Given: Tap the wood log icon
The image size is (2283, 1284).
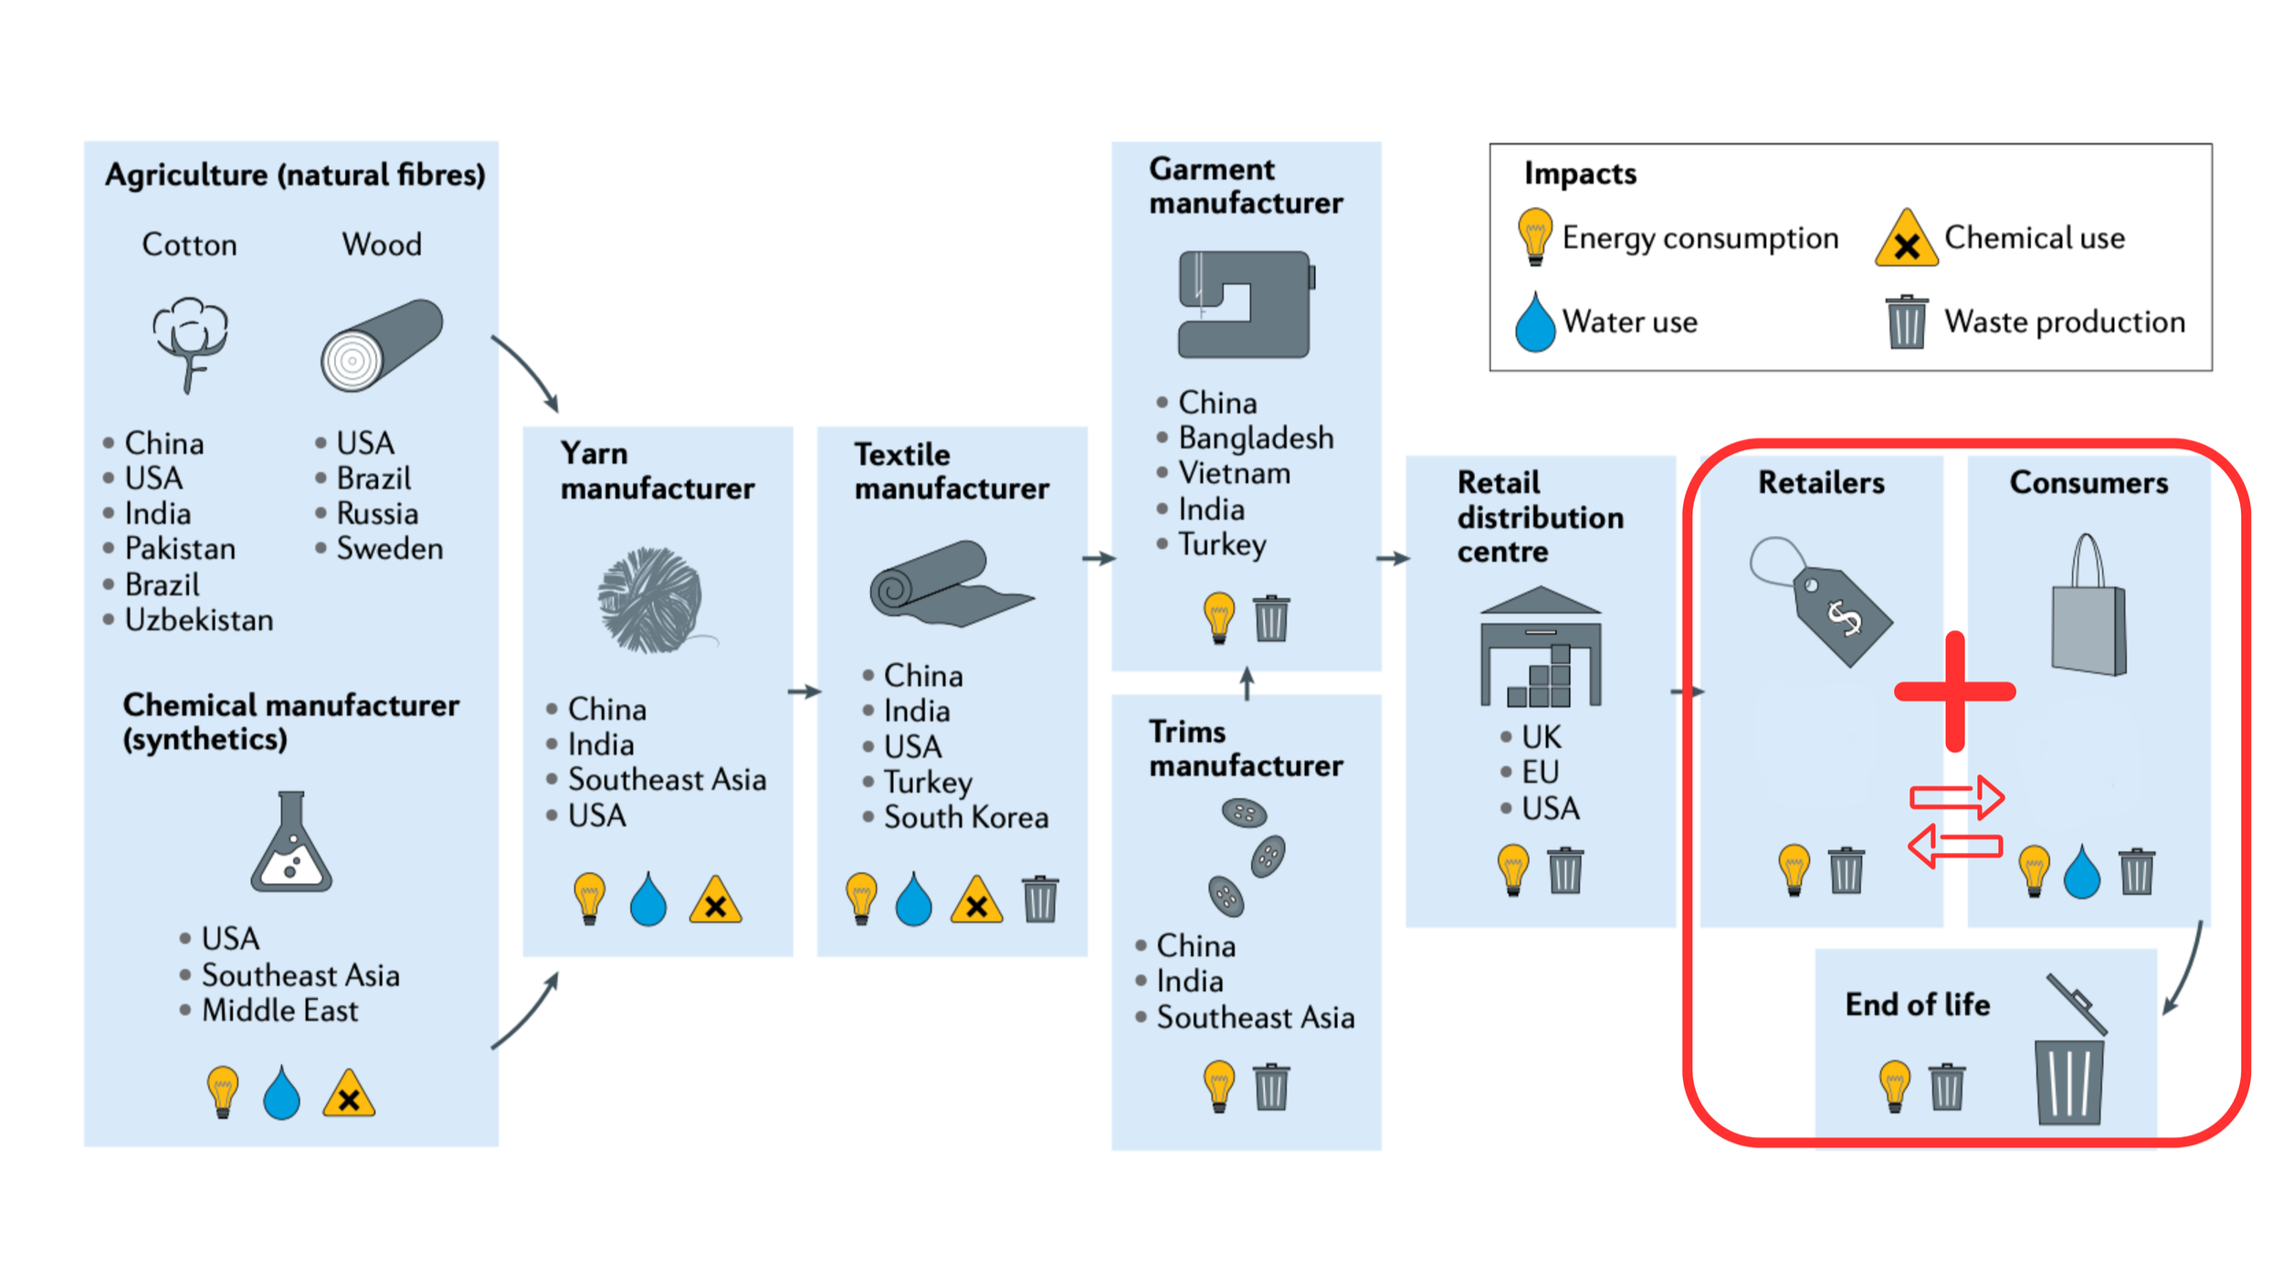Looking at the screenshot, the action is pyautogui.click(x=382, y=345).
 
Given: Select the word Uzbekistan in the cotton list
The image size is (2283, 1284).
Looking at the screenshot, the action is pyautogui.click(x=199, y=620).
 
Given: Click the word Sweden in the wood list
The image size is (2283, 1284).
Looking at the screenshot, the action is pyautogui.click(x=390, y=549).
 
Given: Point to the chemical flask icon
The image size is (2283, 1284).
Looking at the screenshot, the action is pyautogui.click(x=291, y=841).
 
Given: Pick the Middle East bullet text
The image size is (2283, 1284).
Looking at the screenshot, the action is pyautogui.click(x=279, y=1011).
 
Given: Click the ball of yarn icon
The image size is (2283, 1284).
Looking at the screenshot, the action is pyautogui.click(x=654, y=600).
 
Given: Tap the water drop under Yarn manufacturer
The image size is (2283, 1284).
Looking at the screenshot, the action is pyautogui.click(x=648, y=900).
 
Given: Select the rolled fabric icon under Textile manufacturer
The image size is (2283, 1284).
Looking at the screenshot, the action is pyautogui.click(x=951, y=584).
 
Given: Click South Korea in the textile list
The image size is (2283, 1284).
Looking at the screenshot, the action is pyautogui.click(x=966, y=817).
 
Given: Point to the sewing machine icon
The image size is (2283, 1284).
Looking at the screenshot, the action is pyautogui.click(x=1247, y=304).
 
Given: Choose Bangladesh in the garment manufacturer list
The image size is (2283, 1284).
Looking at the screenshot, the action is pyautogui.click(x=1256, y=438).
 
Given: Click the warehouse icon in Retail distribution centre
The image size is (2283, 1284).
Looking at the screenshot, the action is pyautogui.click(x=1541, y=647).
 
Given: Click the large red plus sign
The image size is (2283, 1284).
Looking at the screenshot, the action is pyautogui.click(x=1955, y=691).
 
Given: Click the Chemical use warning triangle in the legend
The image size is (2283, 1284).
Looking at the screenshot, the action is pyautogui.click(x=1906, y=238).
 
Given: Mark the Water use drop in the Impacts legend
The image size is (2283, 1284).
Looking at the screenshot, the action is pyautogui.click(x=1535, y=321).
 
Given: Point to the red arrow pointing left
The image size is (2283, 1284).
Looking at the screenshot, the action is pyautogui.click(x=1955, y=846).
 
